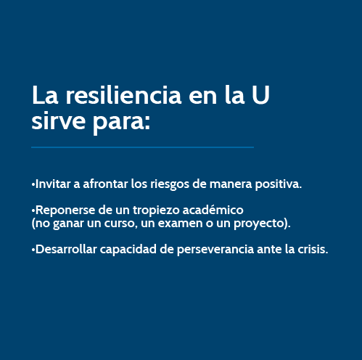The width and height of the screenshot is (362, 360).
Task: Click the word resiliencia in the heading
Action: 123,95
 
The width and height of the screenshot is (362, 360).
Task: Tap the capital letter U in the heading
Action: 260,95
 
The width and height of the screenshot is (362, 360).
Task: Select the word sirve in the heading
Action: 58,120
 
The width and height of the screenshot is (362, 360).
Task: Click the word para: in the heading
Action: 121,123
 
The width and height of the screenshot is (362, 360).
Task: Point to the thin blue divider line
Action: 142,147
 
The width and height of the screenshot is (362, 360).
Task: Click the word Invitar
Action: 53,184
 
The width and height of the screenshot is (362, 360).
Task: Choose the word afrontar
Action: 105,184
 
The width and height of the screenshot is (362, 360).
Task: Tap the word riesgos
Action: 170,185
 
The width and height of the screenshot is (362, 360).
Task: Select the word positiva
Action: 279,185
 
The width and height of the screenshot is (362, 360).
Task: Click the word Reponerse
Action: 65,210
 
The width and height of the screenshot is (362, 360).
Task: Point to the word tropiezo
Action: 156,210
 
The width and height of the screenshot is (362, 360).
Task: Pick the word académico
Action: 213,210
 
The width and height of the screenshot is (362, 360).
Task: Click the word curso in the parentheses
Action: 119,224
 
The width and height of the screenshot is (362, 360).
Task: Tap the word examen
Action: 180,224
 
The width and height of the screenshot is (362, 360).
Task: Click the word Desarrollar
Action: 66,249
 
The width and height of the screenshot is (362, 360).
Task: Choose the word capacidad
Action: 128,250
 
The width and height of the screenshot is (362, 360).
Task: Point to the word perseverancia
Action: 215,250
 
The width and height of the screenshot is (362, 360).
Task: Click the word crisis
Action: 313,249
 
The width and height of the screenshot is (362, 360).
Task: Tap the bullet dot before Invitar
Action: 33,184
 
